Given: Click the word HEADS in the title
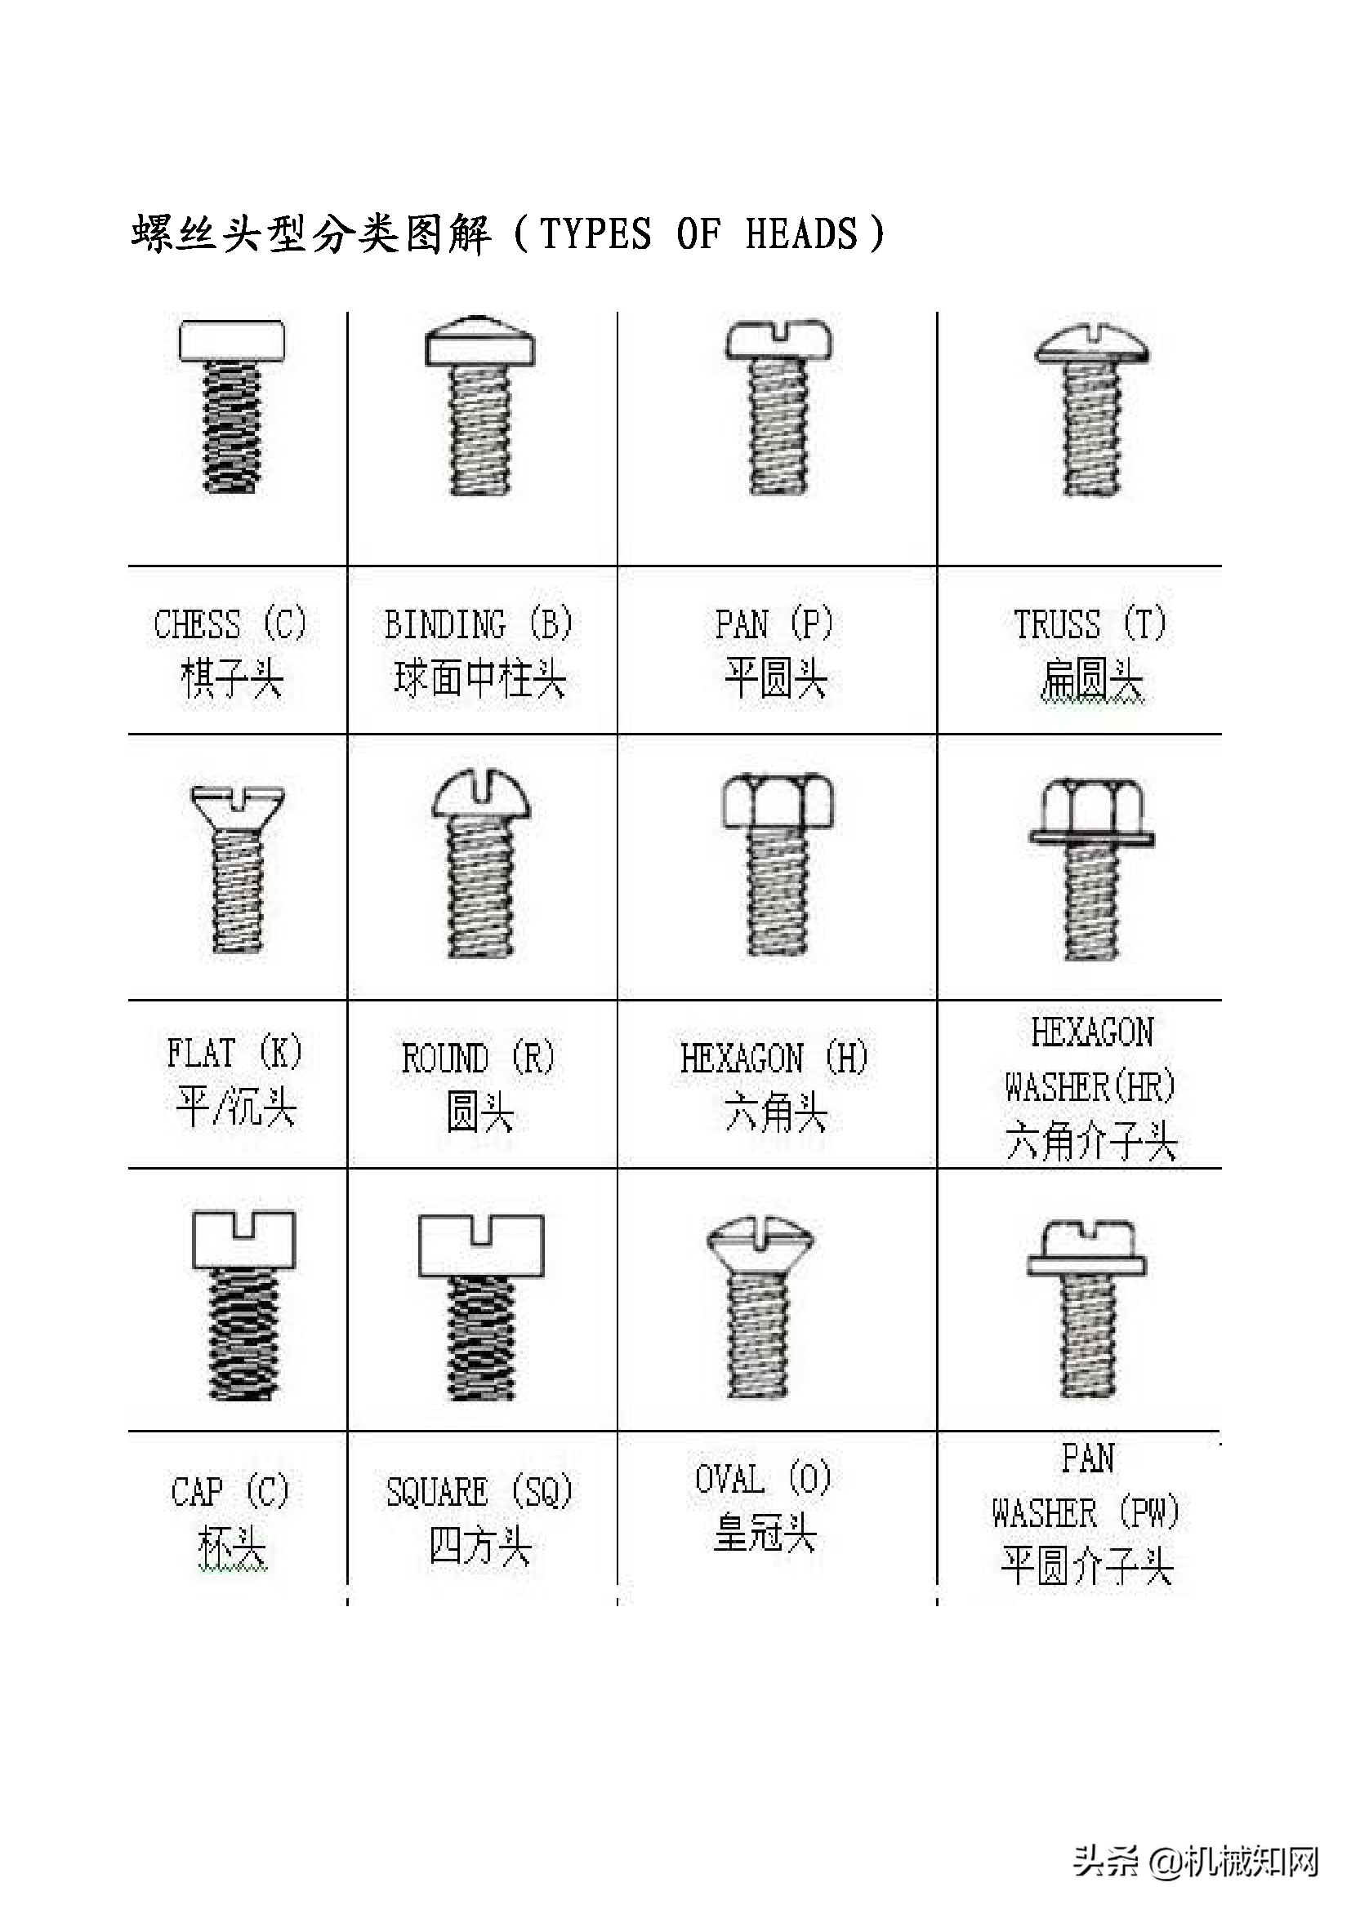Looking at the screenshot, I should tap(800, 233).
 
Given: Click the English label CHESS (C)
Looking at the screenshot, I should tap(230, 624).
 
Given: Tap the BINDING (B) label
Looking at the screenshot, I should tap(479, 624).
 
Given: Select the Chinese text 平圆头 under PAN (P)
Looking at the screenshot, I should tap(775, 678).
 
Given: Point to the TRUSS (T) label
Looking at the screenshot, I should tap(1090, 624).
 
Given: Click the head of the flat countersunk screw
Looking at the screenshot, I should tap(237, 805).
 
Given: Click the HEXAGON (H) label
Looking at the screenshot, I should tap(774, 1059).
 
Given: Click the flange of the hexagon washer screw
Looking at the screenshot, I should tap(1091, 837).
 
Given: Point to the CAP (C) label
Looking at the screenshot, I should tap(230, 1491).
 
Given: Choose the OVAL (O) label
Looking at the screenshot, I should tap(764, 1478).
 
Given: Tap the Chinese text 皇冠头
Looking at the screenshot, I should tap(765, 1533).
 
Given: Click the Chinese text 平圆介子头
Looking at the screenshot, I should tap(1087, 1565).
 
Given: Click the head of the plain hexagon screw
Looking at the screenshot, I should tap(777, 801).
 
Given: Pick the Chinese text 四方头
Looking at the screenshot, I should tap(480, 1547).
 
